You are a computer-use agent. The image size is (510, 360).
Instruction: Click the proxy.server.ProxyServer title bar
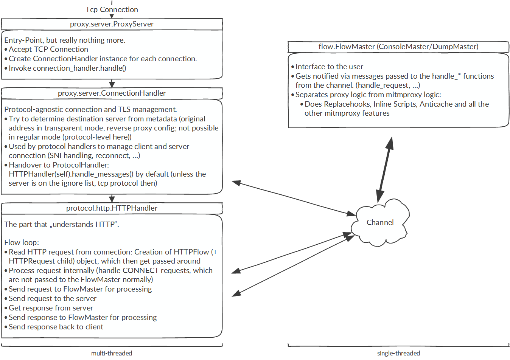[x=112, y=24]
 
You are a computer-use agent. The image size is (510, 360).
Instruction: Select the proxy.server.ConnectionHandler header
[x=112, y=93]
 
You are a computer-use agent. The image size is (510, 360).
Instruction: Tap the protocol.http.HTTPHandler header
[x=112, y=208]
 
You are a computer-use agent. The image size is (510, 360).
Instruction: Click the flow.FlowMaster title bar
[x=398, y=47]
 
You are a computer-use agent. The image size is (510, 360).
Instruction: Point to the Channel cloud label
[x=380, y=223]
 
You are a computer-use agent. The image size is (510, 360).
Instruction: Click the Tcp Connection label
[x=112, y=10]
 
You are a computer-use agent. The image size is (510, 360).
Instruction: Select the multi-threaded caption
[x=112, y=353]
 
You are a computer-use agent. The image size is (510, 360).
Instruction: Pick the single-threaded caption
[x=398, y=353]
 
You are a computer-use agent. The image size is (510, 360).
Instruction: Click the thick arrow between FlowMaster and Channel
[x=384, y=170]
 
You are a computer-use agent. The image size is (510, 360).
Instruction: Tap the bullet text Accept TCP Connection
[x=48, y=50]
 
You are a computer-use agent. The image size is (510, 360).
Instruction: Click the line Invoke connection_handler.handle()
[x=67, y=68]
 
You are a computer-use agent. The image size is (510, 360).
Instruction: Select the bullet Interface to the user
[x=329, y=67]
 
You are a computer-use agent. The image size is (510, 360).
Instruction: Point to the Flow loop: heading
[x=22, y=242]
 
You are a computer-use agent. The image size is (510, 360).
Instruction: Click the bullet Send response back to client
[x=56, y=327]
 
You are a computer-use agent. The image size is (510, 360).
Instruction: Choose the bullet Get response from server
[x=51, y=308]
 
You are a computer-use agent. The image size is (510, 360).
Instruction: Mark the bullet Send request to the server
[x=53, y=299]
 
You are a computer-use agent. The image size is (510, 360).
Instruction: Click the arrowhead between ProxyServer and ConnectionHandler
[x=112, y=84]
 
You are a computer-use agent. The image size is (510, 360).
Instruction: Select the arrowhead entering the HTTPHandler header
[x=112, y=199]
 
